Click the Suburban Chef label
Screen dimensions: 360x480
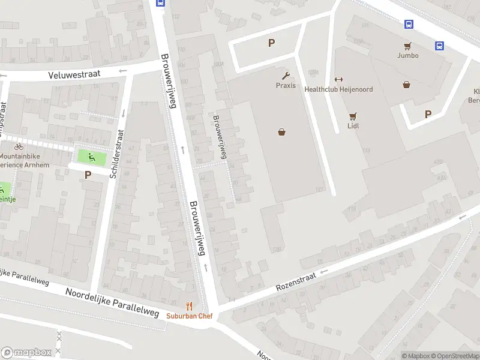(189, 316)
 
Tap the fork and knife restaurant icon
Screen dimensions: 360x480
(190, 306)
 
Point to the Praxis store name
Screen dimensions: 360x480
(286, 85)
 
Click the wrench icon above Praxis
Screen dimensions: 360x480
(286, 76)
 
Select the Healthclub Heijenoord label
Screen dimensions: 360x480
(338, 89)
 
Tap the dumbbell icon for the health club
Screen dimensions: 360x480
(338, 80)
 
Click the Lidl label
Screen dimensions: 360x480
(353, 126)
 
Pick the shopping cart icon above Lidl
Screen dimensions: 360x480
(353, 116)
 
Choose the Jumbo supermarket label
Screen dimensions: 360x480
(407, 55)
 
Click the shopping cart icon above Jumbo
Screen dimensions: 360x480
(407, 46)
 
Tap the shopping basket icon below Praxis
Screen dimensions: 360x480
(281, 133)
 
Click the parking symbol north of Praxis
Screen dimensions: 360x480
(271, 43)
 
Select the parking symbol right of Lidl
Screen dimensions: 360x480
(428, 114)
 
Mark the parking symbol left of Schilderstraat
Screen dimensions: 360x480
(88, 175)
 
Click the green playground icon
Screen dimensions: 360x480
(92, 158)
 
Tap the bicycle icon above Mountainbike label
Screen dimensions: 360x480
(19, 146)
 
